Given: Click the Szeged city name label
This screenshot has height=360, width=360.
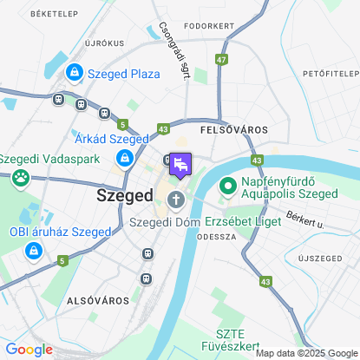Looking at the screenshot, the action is [124, 195].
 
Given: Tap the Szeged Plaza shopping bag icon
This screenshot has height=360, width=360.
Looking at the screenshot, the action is [75, 72].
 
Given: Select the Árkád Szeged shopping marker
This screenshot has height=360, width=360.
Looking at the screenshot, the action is [125, 157].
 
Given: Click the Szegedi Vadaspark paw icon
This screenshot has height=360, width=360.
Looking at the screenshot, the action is [19, 179].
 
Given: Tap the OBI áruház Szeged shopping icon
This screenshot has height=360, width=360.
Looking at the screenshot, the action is [33, 251].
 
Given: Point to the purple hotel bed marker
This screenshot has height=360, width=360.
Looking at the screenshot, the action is [180, 163].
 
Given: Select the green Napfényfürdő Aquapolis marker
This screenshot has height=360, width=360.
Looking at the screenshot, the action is [229, 185].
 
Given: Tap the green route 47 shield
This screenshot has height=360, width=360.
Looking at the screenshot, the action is [223, 60].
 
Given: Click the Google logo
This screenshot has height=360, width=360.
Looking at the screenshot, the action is [29, 349].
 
